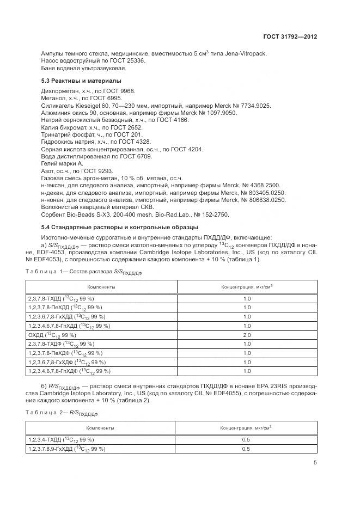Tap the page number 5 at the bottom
coord(315,463)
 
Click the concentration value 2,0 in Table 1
coord(246,335)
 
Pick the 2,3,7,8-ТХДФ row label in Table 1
coord(60,344)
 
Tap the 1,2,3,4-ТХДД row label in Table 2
coord(60,439)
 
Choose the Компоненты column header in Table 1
coord(101,287)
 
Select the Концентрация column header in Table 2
coord(246,428)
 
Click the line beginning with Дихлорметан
coord(88,91)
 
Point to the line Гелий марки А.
coord(62,163)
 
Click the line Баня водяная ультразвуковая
coord(84,69)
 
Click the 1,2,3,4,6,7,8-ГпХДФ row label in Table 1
coord(69,371)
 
